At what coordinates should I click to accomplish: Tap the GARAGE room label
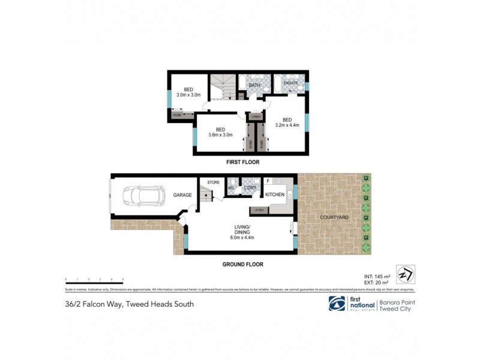pyautogui.click(x=182, y=195)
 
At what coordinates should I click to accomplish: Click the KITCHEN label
pyautogui.click(x=274, y=195)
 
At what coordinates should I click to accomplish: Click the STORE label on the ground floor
pyautogui.click(x=213, y=182)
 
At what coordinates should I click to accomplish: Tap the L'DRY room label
pyautogui.click(x=250, y=188)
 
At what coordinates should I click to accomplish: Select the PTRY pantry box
pyautogui.click(x=259, y=210)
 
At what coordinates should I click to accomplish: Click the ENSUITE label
pyautogui.click(x=291, y=83)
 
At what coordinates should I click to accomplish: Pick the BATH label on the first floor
pyautogui.click(x=254, y=86)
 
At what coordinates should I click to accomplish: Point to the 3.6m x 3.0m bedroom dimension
pyautogui.click(x=220, y=135)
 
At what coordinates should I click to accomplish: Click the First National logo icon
pyautogui.click(x=337, y=304)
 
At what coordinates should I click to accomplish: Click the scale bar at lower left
pyautogui.click(x=94, y=280)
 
